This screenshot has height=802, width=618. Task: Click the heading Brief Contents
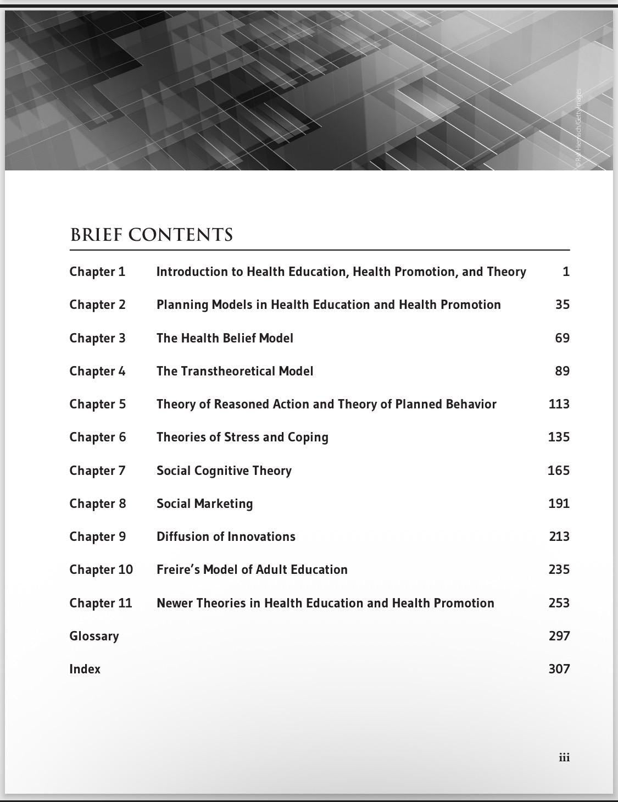point(152,235)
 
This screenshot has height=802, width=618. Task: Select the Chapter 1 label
point(97,272)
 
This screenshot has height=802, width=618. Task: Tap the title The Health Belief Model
point(225,338)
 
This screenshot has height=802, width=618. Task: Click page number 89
point(562,371)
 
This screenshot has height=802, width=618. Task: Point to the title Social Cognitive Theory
point(224,471)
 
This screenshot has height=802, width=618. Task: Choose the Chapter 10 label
point(101,569)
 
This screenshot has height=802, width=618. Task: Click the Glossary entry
point(94,636)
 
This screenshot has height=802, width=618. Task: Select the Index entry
point(85,669)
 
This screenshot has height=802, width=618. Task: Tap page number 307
point(559,669)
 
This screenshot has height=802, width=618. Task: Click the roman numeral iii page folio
point(564,757)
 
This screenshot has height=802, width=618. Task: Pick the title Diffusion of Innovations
point(226,536)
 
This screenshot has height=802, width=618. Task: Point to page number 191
point(559,504)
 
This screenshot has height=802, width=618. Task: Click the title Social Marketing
point(204,504)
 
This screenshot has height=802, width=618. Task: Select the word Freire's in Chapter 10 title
point(177,569)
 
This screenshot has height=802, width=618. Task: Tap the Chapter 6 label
point(97,437)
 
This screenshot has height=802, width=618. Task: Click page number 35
point(562,305)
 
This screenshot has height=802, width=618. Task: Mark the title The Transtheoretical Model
point(235,371)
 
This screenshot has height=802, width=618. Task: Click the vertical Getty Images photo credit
point(578,129)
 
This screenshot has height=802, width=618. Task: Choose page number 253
point(559,603)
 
